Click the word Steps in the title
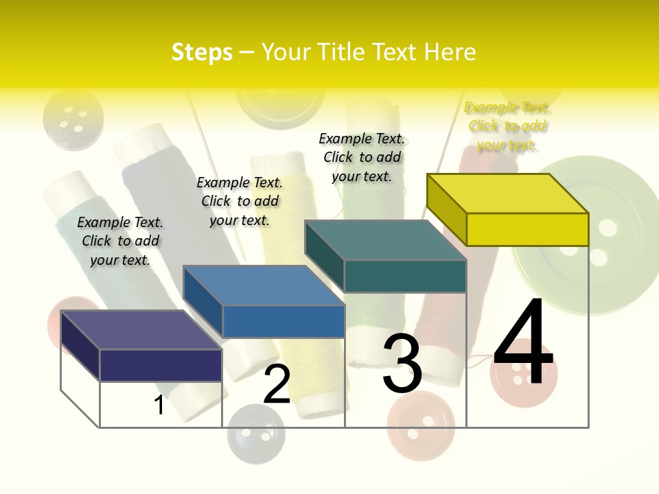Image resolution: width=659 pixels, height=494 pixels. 202,52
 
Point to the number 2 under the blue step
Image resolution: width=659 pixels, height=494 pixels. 277,384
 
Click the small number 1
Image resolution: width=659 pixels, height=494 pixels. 159,405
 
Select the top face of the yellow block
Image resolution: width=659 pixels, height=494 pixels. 507,193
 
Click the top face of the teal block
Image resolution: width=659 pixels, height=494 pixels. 385,240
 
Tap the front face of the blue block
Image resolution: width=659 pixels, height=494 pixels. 284,321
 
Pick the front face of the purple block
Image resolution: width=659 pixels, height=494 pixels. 161,365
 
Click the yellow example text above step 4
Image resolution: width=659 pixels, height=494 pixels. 507,126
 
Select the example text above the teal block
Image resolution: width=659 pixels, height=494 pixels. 362,157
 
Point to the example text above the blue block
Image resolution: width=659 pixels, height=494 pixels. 240,201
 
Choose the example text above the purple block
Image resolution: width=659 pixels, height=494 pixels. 120,241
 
